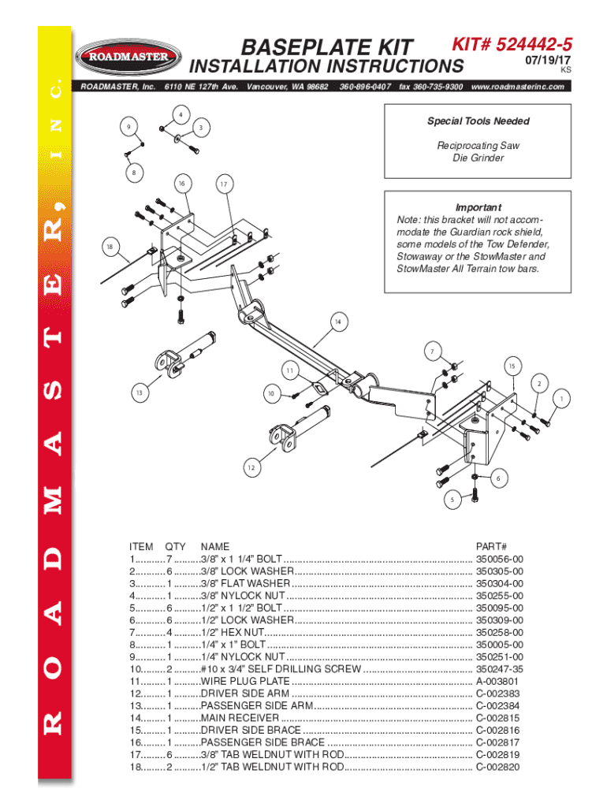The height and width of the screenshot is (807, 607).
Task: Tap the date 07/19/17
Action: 546,60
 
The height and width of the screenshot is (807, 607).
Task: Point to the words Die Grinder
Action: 478,158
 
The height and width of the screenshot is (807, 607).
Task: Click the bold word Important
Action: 479,207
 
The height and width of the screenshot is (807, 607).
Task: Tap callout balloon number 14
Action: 338,322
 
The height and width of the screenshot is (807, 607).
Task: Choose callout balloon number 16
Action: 181,184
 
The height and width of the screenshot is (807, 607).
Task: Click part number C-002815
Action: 497,718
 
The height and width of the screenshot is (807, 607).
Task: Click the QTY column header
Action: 175,545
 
